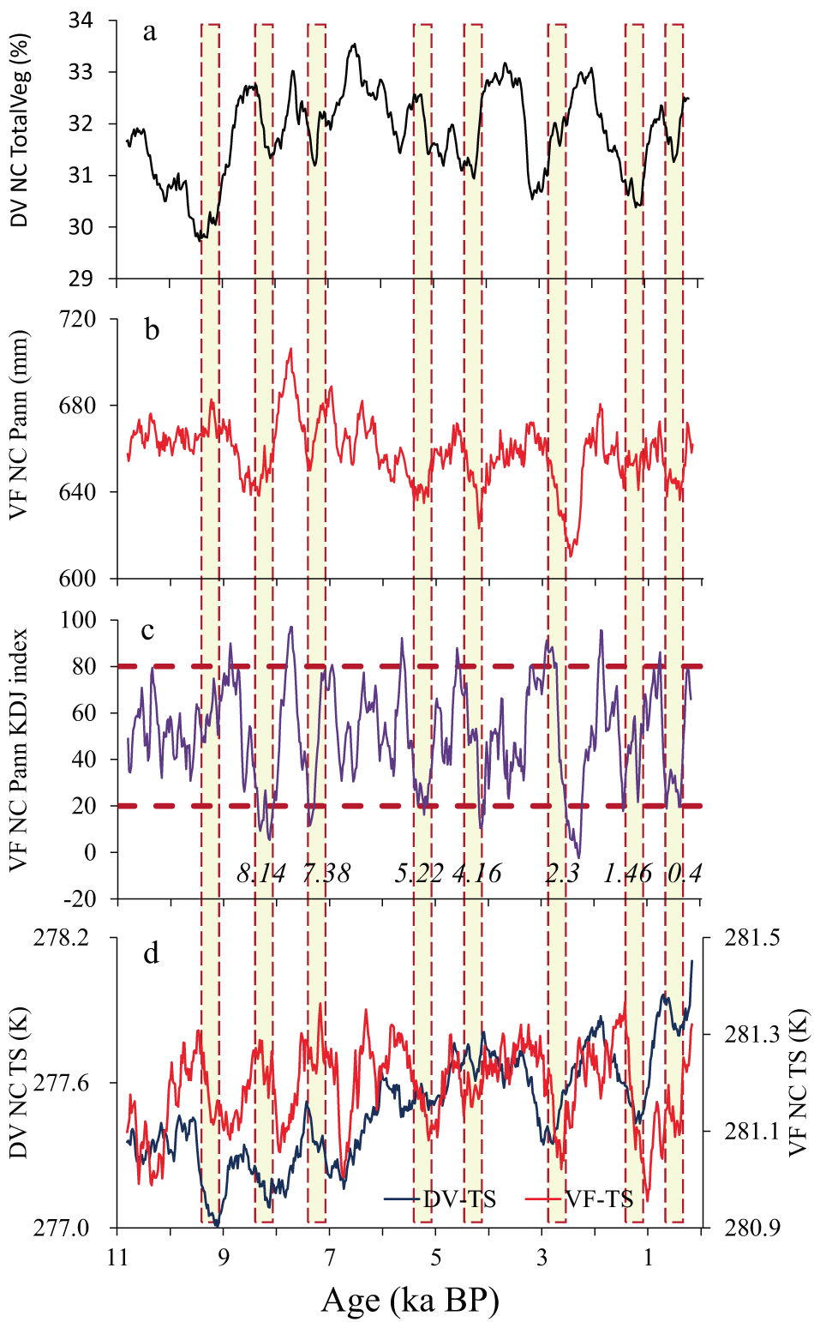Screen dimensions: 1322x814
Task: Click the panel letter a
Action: click(150, 33)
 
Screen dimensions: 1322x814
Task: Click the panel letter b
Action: click(152, 330)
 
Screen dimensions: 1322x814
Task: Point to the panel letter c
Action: click(147, 630)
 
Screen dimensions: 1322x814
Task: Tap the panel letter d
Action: click(151, 953)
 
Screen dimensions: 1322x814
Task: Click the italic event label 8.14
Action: click(261, 874)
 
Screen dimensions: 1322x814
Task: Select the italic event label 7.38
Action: click(326, 874)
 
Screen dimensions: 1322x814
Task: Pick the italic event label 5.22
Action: click(419, 874)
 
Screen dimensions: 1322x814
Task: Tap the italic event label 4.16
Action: click(476, 874)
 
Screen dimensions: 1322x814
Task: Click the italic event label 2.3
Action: click(562, 874)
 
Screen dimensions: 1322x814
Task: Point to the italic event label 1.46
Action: click(627, 874)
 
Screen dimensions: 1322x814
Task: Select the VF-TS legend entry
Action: click(599, 1199)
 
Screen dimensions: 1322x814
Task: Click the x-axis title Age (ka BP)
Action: click(410, 1301)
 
